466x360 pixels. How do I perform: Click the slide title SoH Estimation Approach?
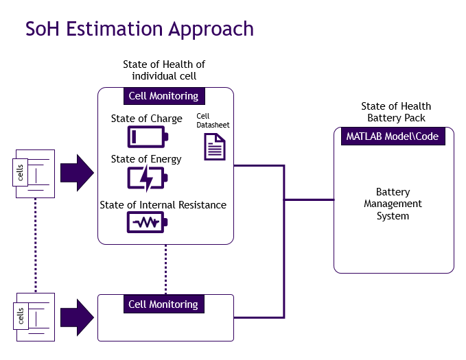tap(139, 29)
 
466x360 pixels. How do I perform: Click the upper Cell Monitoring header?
tap(163, 96)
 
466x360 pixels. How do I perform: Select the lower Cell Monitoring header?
tap(163, 304)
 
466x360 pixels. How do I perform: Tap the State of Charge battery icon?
tap(147, 137)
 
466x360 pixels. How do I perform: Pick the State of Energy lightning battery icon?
tap(147, 178)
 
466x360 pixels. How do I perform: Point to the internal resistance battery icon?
tap(147, 223)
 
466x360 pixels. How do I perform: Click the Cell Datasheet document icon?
tap(214, 147)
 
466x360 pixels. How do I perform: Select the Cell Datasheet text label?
tap(213, 121)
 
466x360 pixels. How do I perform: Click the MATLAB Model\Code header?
tap(393, 136)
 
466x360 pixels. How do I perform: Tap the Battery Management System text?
tap(393, 204)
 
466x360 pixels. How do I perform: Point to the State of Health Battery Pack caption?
tap(396, 112)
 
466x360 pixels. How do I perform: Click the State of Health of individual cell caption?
tap(164, 70)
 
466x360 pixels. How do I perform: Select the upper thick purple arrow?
tap(76, 173)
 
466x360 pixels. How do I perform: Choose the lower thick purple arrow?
tap(76, 317)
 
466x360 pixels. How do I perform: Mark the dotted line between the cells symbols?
tap(35, 245)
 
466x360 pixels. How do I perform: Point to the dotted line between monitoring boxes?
tap(165, 269)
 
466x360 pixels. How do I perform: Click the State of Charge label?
tap(147, 119)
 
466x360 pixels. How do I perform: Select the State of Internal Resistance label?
tap(163, 204)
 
